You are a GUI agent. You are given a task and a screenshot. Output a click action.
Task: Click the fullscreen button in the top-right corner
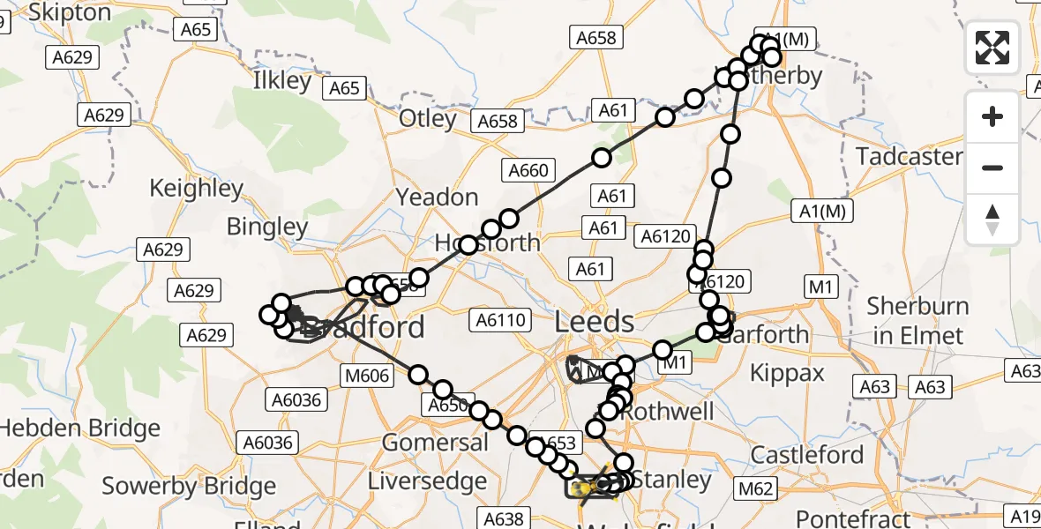tap(992, 48)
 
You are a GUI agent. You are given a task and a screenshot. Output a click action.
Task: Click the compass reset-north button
tap(992, 220)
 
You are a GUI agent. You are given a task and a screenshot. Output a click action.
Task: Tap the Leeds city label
tap(595, 322)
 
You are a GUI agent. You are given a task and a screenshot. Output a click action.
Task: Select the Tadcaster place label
tap(910, 157)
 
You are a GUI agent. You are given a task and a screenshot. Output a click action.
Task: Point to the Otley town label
tap(428, 118)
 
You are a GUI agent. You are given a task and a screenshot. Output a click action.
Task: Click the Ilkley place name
tap(282, 81)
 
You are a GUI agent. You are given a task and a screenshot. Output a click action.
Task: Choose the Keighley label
tap(196, 188)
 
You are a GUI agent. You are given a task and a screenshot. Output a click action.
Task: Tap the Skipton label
tap(70, 12)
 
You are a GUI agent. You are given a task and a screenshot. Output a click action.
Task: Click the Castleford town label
tap(807, 455)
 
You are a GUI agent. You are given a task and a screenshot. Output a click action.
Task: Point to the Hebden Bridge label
tap(80, 428)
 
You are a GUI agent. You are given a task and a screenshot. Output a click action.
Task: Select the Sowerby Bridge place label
tap(189, 486)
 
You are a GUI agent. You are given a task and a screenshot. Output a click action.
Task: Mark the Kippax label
tap(787, 372)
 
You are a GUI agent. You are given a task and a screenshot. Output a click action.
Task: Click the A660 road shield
tap(528, 170)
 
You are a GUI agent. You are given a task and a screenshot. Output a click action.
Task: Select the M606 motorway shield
tap(366, 376)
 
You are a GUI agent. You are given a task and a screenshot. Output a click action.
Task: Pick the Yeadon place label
tap(438, 197)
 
